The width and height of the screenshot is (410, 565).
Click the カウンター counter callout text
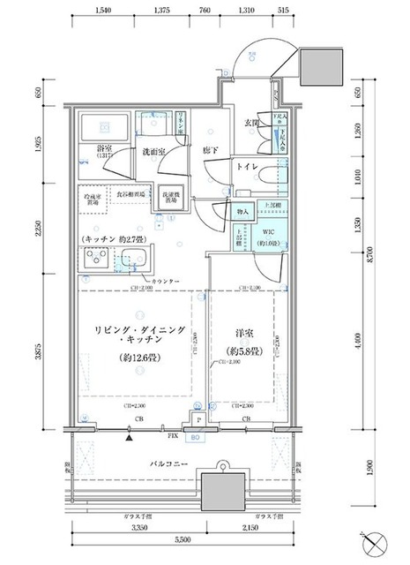pos(172,281)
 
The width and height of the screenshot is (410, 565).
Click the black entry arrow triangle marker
pos(130,436)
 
